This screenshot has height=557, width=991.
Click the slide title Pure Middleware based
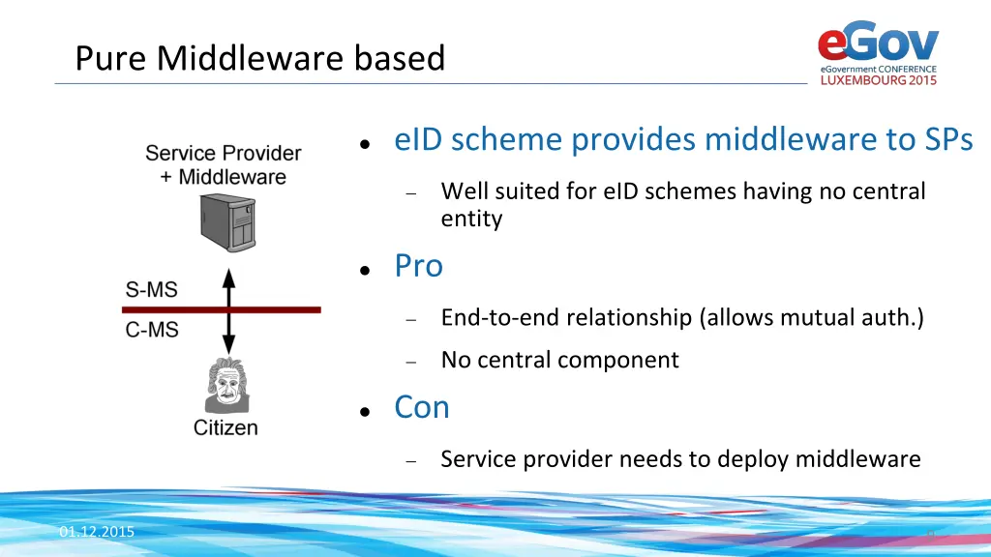[259, 59]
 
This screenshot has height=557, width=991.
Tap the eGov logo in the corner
[878, 44]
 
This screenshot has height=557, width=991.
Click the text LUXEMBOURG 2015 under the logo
[879, 80]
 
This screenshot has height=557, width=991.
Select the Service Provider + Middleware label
[224, 164]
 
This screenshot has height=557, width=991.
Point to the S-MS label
[152, 289]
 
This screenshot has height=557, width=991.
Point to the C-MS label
[152, 330]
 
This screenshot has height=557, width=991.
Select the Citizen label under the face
[225, 427]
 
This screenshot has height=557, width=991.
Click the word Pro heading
[418, 266]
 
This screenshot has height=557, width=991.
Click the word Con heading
[421, 407]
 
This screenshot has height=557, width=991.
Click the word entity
[471, 219]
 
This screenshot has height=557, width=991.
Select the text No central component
[559, 360]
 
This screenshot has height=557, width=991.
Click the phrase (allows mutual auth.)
[812, 317]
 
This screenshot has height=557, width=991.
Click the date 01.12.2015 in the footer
[96, 533]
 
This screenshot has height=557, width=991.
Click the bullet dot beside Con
[363, 411]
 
